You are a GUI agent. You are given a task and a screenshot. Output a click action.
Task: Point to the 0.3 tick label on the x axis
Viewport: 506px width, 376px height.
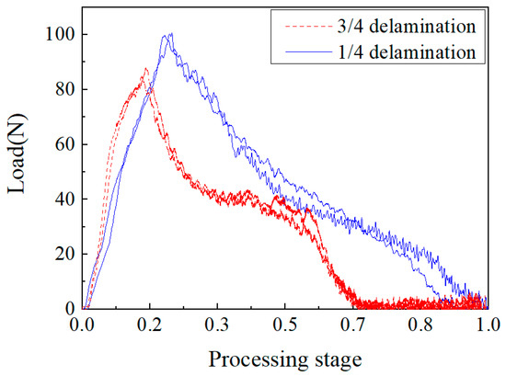click(x=216, y=325)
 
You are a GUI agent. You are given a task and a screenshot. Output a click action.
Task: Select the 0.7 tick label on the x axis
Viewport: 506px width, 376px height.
click(x=351, y=325)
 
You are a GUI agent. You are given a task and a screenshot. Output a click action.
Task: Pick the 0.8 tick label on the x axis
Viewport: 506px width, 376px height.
click(x=420, y=325)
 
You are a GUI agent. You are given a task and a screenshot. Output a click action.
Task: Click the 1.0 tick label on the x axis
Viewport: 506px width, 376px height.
click(x=487, y=325)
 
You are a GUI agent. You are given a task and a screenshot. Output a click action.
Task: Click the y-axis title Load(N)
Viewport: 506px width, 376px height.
click(x=17, y=166)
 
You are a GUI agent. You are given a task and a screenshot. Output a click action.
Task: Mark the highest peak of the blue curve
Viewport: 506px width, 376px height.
click(x=169, y=34)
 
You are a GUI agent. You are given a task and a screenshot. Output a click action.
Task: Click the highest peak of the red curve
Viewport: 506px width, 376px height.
click(x=145, y=69)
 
